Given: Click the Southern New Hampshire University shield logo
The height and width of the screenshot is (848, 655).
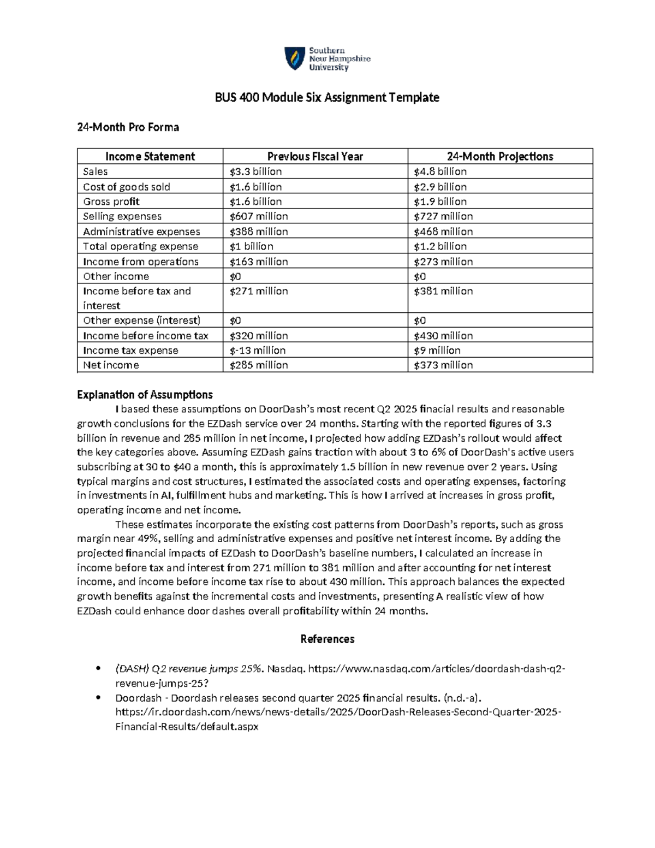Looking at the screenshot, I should [x=295, y=58].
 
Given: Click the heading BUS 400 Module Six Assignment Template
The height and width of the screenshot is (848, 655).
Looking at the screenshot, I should [x=327, y=98].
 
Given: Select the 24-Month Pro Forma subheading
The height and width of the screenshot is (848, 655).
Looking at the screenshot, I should [x=128, y=127].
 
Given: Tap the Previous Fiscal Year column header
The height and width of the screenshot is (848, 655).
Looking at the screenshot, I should [x=315, y=157].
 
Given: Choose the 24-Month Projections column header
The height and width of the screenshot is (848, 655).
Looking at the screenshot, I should [x=500, y=157].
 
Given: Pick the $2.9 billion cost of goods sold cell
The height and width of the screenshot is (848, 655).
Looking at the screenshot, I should [x=440, y=187].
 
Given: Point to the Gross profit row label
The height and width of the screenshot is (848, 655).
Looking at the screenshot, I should [x=111, y=201].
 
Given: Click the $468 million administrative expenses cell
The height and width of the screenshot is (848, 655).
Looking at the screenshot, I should [x=443, y=232].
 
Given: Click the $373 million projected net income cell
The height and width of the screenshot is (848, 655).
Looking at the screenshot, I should [x=443, y=365].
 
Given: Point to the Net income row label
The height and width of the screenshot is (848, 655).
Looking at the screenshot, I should [x=111, y=365].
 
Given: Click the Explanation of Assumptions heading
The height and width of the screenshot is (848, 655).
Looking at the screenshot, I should [x=145, y=395].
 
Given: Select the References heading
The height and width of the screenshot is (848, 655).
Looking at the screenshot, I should [x=327, y=639].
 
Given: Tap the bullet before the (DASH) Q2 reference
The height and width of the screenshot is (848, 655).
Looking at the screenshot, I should [x=98, y=669].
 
